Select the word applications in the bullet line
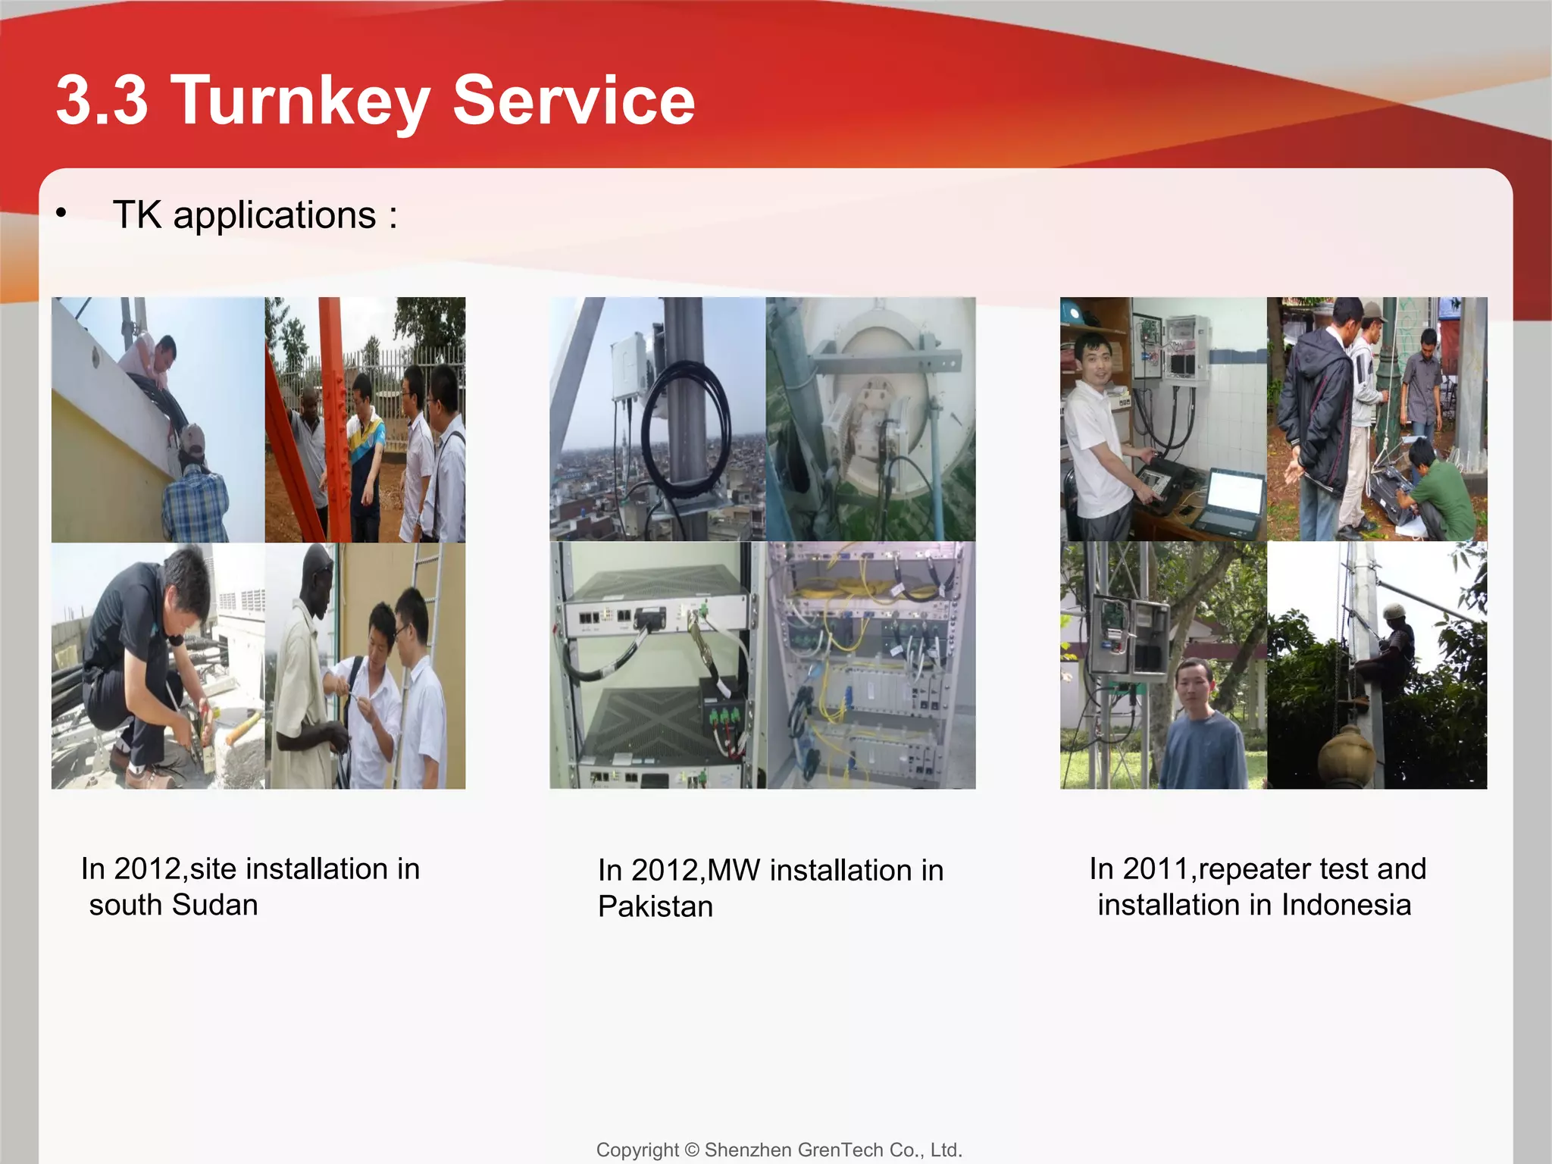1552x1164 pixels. (x=274, y=215)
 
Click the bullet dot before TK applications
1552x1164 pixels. (x=61, y=214)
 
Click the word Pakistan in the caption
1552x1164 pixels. (x=656, y=906)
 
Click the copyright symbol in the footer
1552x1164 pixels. (x=691, y=1150)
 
